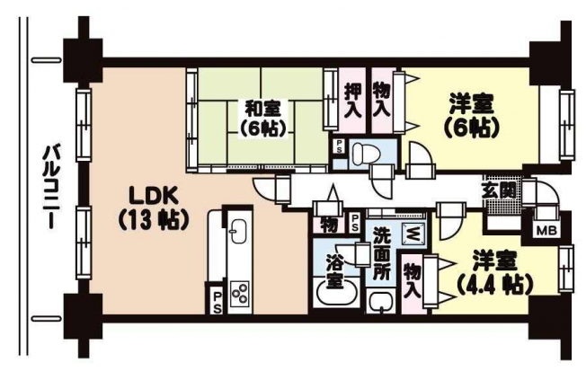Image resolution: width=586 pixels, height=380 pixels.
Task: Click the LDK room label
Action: (152, 208)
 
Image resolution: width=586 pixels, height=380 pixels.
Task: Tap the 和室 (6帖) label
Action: (262, 119)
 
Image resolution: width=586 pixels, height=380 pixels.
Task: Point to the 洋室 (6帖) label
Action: (472, 116)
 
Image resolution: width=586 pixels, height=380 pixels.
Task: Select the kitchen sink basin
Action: (238, 230)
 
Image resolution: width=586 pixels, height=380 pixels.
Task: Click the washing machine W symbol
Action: (413, 234)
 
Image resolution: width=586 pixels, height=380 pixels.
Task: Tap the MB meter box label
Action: (546, 231)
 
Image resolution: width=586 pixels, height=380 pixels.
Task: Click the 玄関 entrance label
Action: (498, 191)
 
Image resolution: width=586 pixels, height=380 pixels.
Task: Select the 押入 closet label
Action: (352, 100)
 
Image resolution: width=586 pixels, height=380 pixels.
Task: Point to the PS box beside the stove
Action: (217, 302)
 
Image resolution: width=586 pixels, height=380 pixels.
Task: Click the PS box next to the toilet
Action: (340, 146)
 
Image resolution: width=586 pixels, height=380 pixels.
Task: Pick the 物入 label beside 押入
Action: (382, 100)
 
